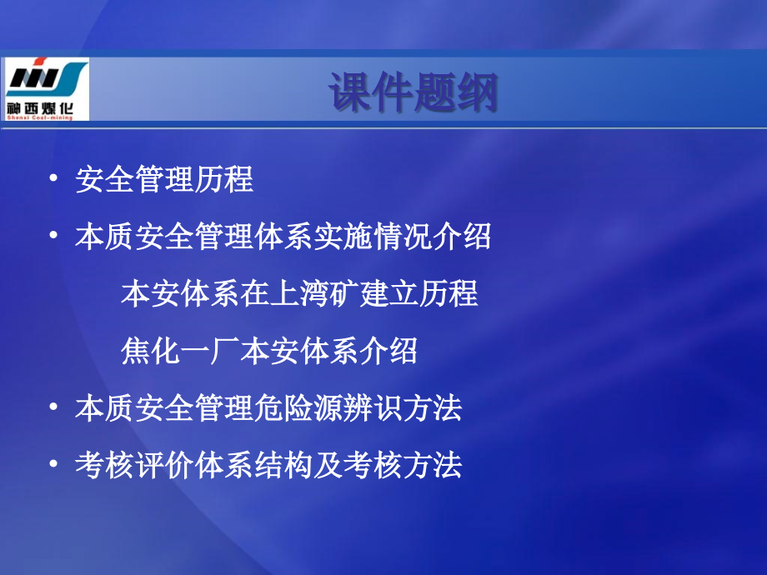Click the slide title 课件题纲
pos(413,92)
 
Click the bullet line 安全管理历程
pos(164,179)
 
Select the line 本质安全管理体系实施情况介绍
pos(283,237)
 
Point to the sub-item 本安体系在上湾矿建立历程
pos(299,293)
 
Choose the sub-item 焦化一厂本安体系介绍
pos(268,352)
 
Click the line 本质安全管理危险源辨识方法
pos(268,408)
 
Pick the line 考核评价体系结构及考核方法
pos(268,465)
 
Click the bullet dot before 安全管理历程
pos(54,179)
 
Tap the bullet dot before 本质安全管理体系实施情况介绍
pos(54,237)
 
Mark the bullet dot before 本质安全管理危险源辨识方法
pos(54,408)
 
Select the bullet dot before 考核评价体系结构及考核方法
pos(54,465)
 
